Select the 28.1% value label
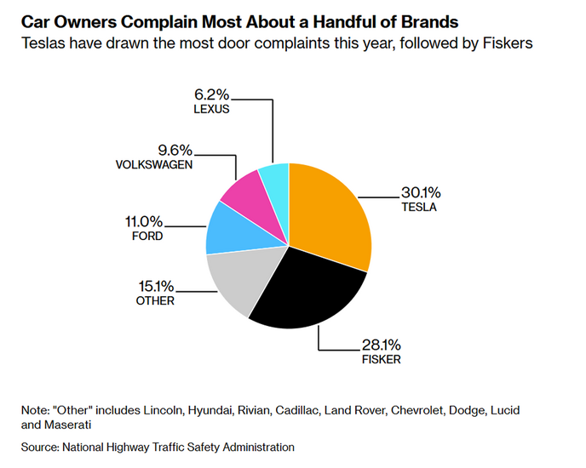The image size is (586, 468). point(380,345)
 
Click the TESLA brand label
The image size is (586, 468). point(419,207)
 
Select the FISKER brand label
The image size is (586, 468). point(380,359)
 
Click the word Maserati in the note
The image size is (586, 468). point(71,424)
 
